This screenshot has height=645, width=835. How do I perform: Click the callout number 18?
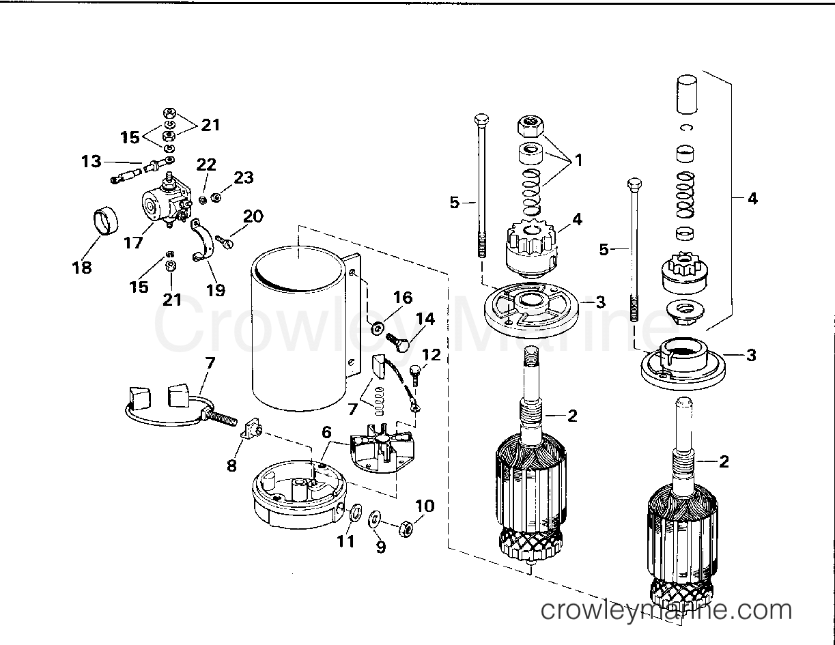coord(82,268)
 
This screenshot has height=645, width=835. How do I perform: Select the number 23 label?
coord(244,178)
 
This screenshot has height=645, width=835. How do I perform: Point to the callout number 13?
coord(91,162)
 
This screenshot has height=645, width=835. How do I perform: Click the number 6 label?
coord(326,431)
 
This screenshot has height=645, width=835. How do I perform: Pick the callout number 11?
coord(345,541)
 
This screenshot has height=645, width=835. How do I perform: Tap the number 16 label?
coord(403,298)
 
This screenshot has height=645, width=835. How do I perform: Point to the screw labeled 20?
coord(225,239)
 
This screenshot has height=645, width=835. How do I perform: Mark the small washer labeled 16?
coord(376,329)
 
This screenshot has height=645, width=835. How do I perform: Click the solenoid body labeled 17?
coord(159,201)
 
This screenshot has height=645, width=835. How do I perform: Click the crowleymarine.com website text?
coord(666,610)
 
